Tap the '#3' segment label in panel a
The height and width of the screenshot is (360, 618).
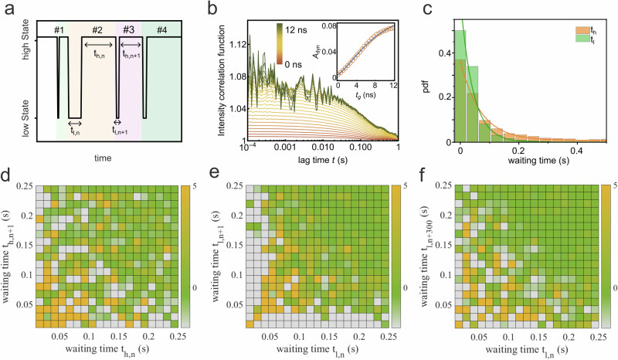tap(127, 30)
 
